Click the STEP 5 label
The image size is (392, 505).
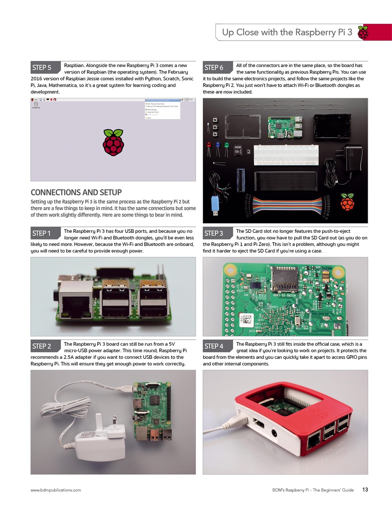pos(42,67)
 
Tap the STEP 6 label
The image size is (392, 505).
pos(214,67)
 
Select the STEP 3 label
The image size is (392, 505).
pos(214,233)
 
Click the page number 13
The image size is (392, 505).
pos(365,490)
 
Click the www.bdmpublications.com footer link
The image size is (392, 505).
pos(56,490)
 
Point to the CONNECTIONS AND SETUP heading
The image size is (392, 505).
pos(76,193)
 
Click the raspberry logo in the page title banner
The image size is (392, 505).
pos(363,33)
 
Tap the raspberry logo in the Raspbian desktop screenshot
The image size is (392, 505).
pos(113,142)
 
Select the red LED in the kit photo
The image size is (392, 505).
pos(209,146)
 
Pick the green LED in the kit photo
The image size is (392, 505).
pos(226,146)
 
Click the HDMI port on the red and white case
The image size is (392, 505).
pos(259,425)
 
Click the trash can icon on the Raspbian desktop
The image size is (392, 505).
pos(36,105)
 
